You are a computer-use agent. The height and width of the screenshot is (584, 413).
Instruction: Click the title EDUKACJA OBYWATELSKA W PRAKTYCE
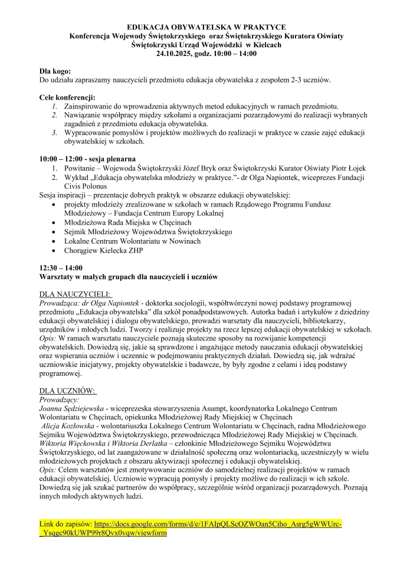pos(206,28)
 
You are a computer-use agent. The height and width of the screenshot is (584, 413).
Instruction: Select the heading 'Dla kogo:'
pos(55,71)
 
